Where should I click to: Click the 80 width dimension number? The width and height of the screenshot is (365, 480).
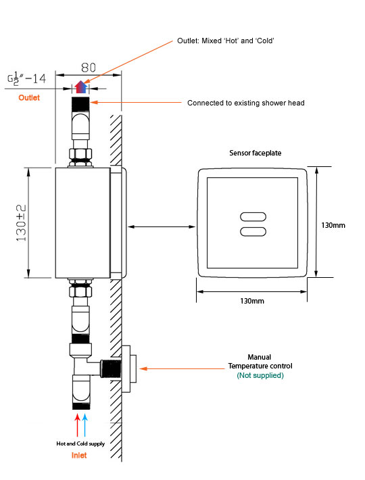(x=88, y=68)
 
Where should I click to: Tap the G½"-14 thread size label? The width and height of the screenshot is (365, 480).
(x=26, y=79)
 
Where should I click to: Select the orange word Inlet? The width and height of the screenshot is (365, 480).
(x=79, y=455)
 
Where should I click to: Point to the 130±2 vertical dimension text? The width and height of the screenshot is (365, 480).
(x=22, y=222)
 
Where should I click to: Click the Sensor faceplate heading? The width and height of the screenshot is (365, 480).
(x=255, y=153)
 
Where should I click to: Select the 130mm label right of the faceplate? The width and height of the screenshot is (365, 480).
(x=333, y=225)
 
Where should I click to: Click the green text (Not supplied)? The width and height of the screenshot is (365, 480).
(x=260, y=375)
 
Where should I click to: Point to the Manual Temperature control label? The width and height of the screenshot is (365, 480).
(x=260, y=362)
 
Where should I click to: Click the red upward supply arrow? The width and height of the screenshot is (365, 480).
(x=78, y=425)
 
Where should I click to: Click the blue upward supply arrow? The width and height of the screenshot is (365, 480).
(x=86, y=425)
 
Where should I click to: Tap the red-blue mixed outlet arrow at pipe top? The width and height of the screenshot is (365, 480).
(x=81, y=86)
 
